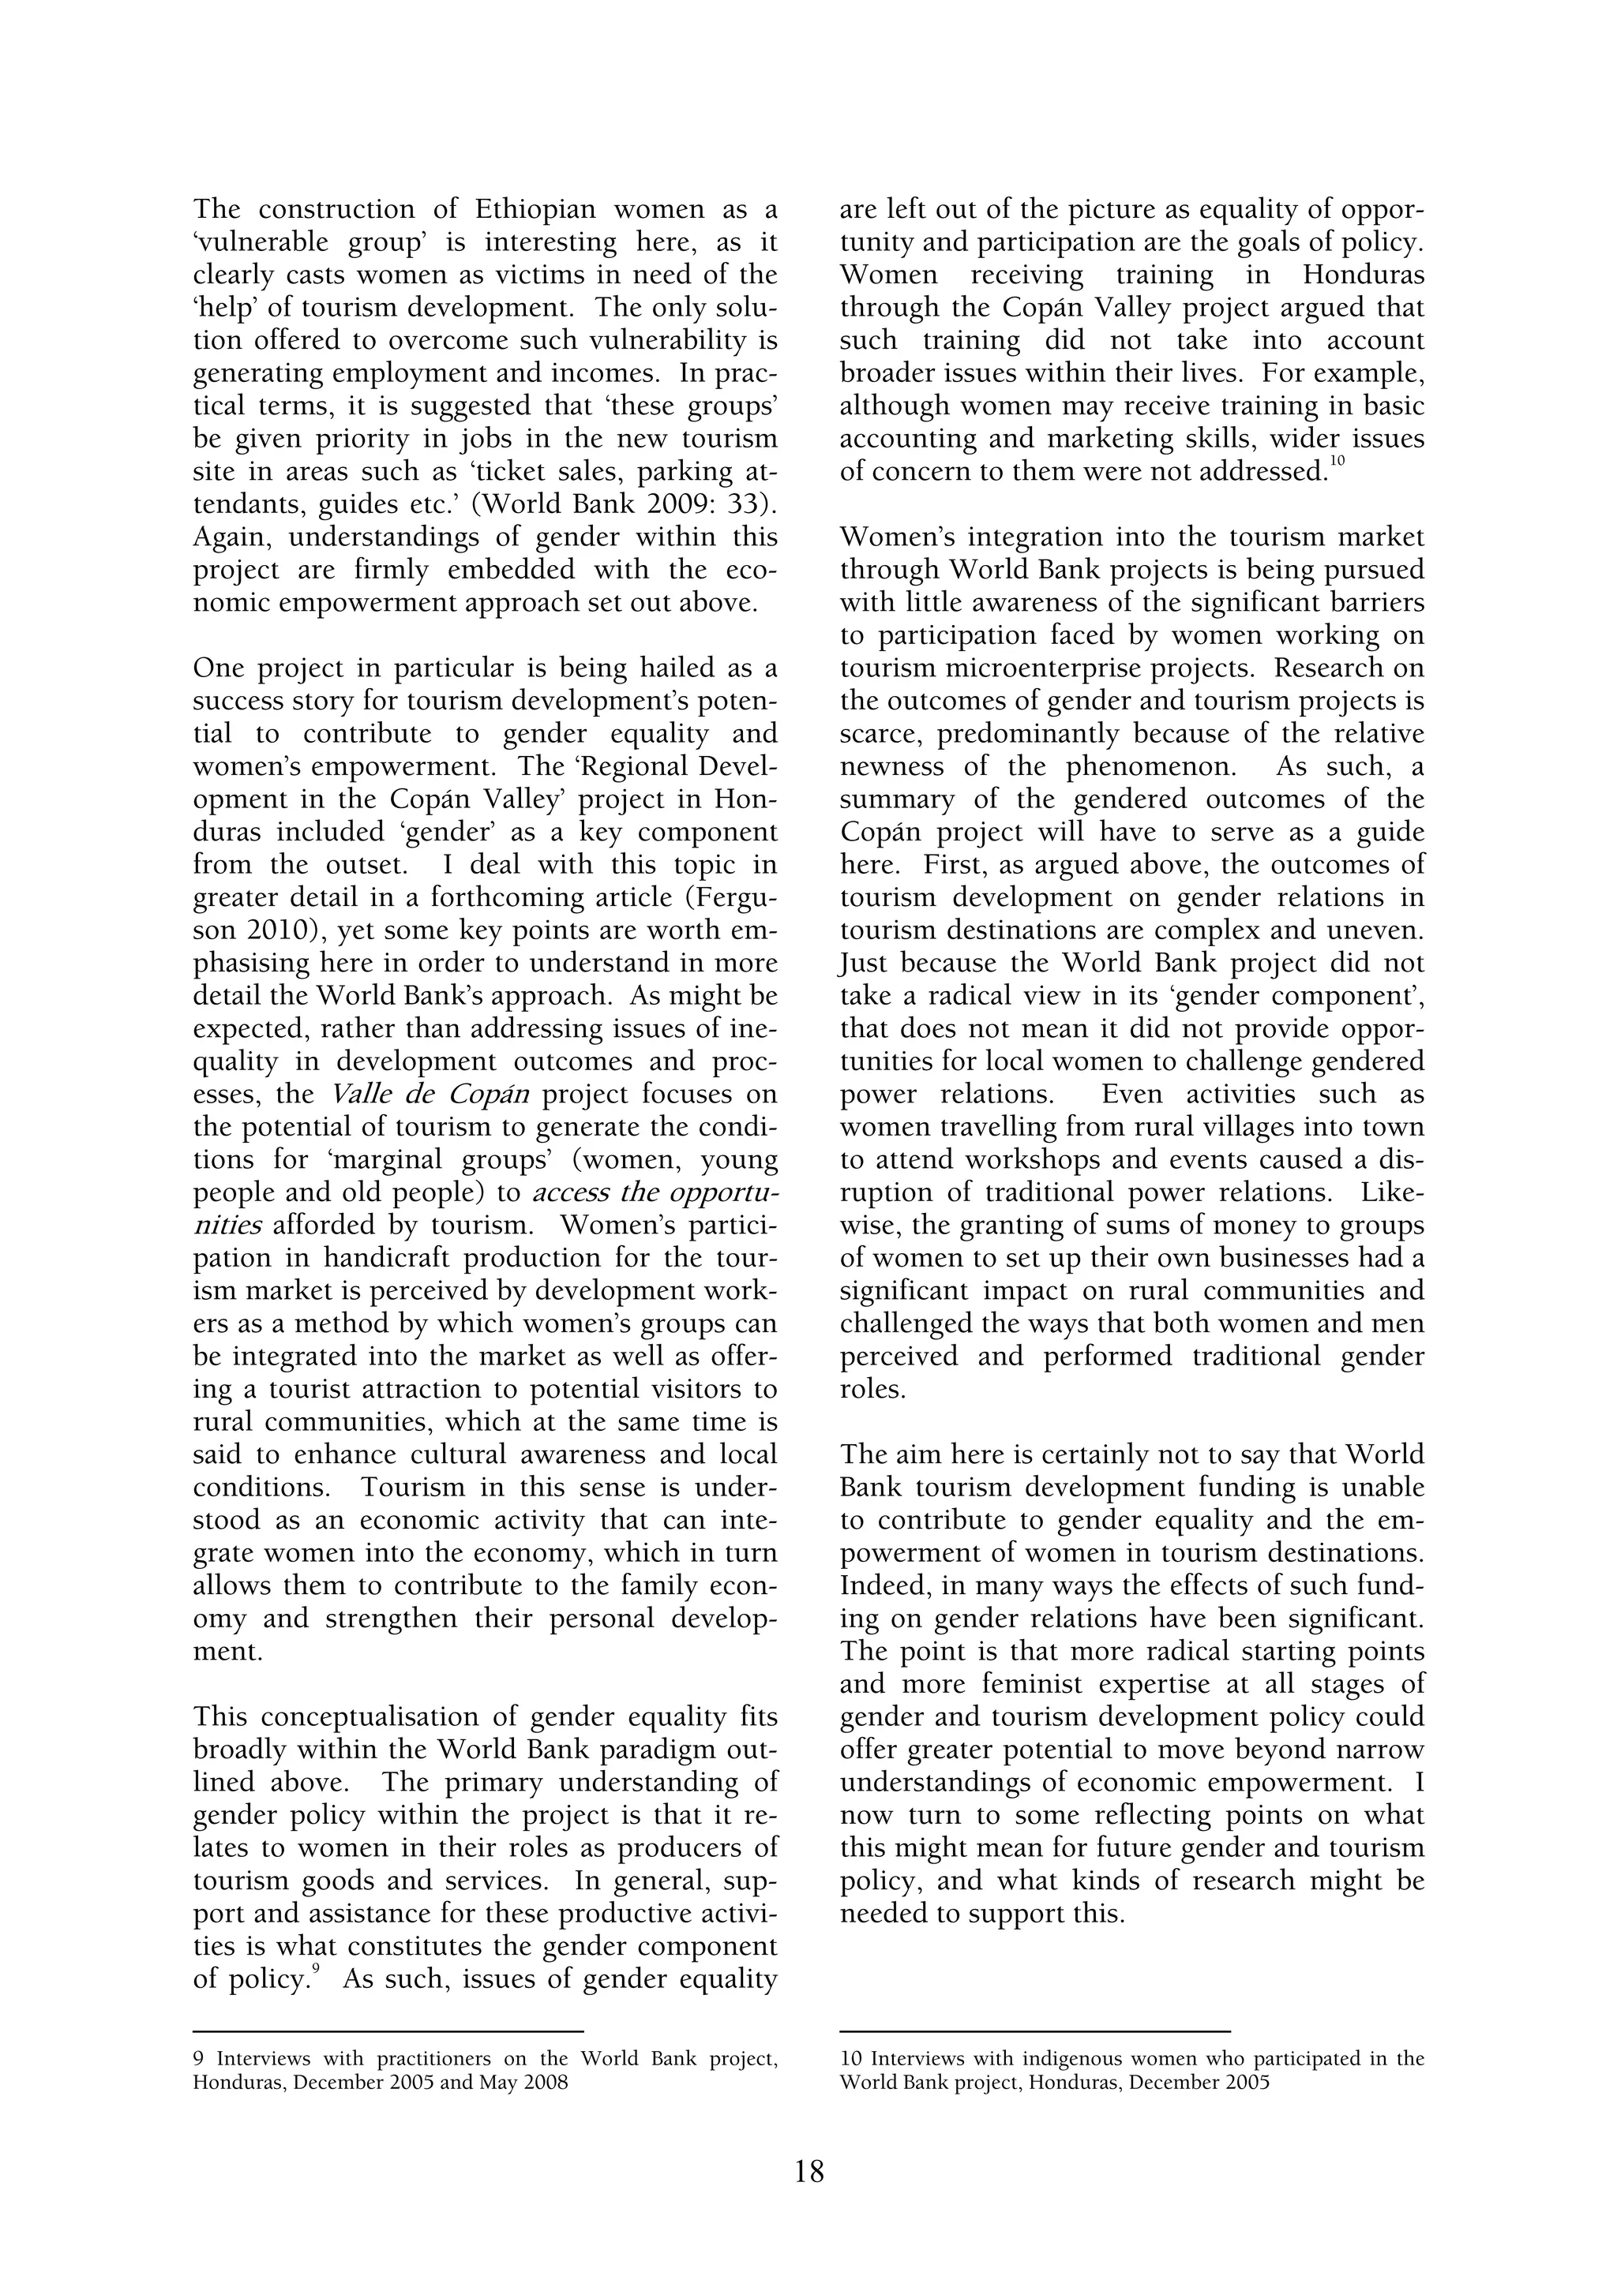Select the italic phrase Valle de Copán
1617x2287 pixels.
click(x=430, y=1095)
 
